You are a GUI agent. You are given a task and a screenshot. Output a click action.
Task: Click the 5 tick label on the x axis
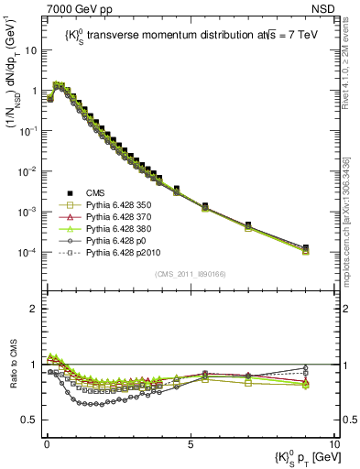pyautogui.click(x=190, y=444)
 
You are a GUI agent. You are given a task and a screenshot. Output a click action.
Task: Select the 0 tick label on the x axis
pyautogui.click(x=46, y=444)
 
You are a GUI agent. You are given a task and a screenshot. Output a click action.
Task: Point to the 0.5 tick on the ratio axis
pyautogui.click(x=30, y=420)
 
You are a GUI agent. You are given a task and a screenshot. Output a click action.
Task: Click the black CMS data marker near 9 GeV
pyautogui.click(x=305, y=248)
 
